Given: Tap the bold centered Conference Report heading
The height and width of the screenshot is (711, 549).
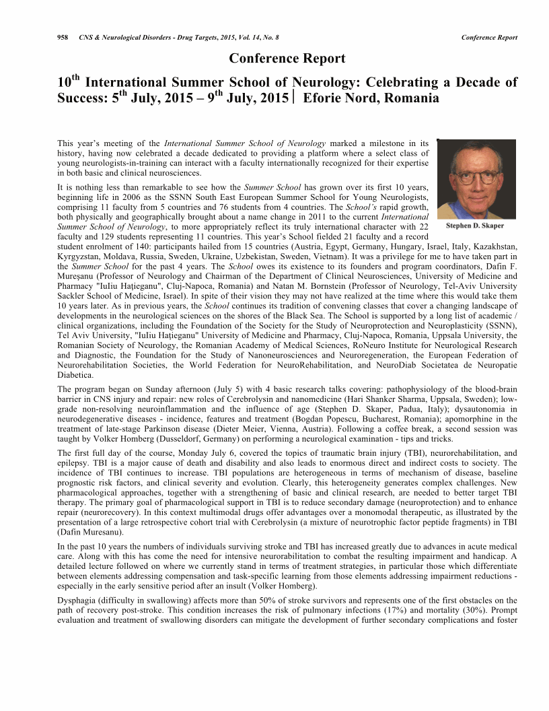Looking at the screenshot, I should click(287, 59).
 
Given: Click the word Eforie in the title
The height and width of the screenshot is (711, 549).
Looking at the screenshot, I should click(326, 98).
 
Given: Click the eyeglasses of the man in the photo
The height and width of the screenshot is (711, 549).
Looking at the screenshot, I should click(475, 176).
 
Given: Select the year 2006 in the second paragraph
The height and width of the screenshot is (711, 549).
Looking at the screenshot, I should click(149, 191).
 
